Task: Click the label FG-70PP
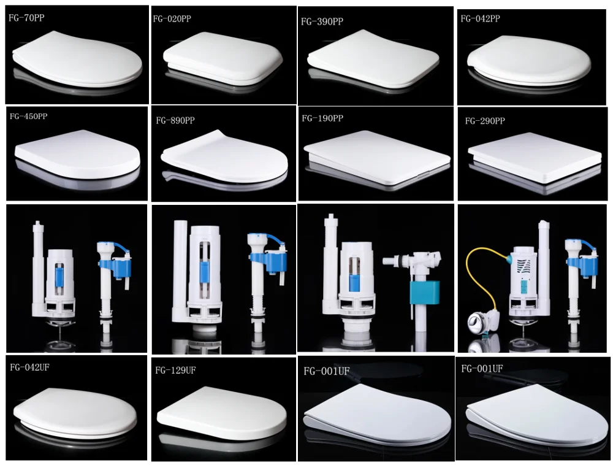click(26, 18)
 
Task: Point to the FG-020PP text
click(172, 19)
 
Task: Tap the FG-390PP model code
click(322, 21)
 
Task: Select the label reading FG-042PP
click(480, 19)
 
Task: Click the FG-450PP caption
click(28, 117)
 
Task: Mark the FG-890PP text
click(175, 121)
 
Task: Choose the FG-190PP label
click(322, 118)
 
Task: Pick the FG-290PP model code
click(484, 121)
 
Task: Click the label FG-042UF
click(30, 367)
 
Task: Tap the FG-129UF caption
click(175, 371)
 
